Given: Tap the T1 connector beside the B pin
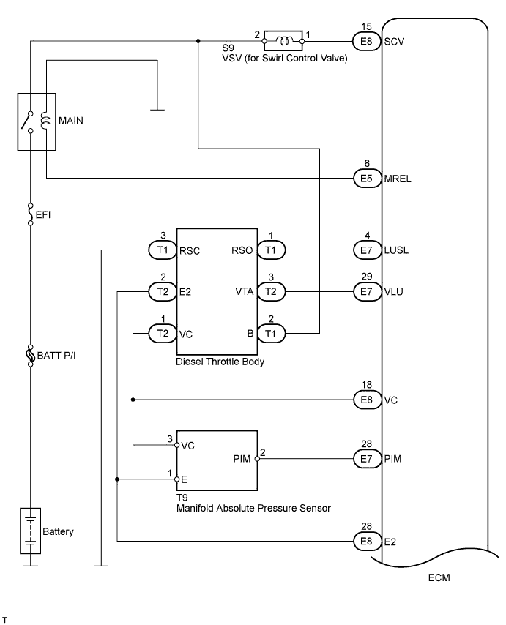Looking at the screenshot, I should (272, 333).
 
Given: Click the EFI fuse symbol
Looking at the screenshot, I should (30, 215).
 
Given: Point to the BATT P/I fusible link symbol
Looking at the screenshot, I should (30, 356).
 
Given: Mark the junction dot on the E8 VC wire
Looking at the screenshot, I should (133, 400).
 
